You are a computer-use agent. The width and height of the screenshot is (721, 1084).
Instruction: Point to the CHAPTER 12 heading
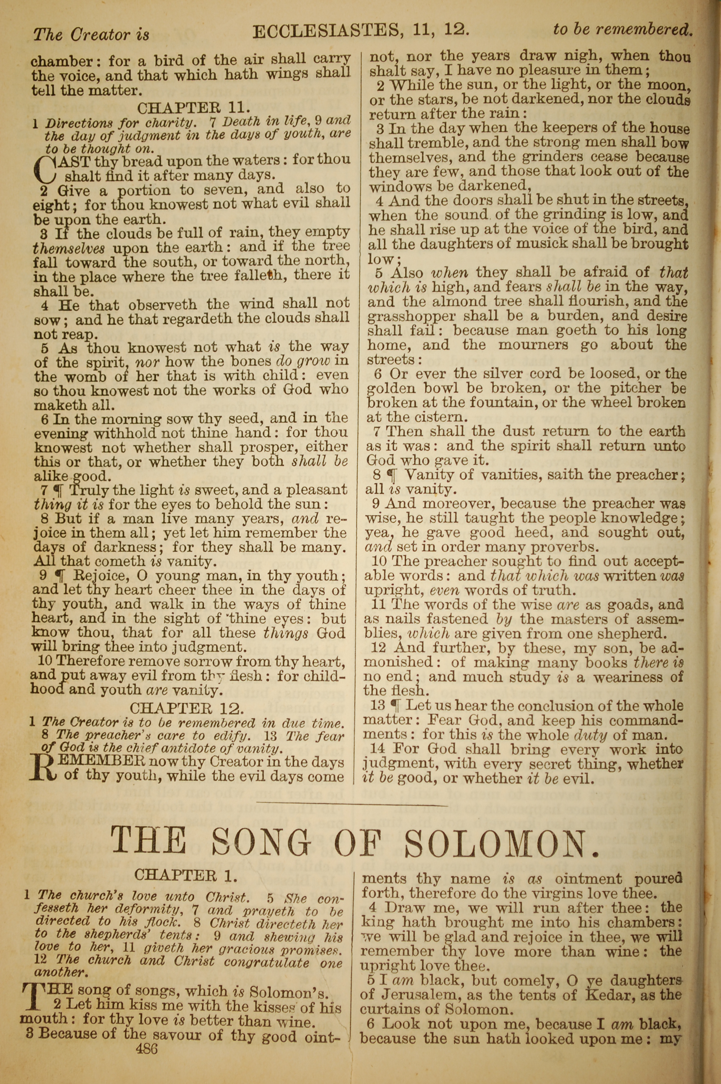(x=187, y=707)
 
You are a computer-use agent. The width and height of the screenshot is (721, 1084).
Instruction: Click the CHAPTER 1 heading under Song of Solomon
(x=186, y=875)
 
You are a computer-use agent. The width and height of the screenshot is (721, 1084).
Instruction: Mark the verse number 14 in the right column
(x=377, y=748)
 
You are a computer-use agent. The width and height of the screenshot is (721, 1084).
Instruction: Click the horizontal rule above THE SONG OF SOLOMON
(x=352, y=805)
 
